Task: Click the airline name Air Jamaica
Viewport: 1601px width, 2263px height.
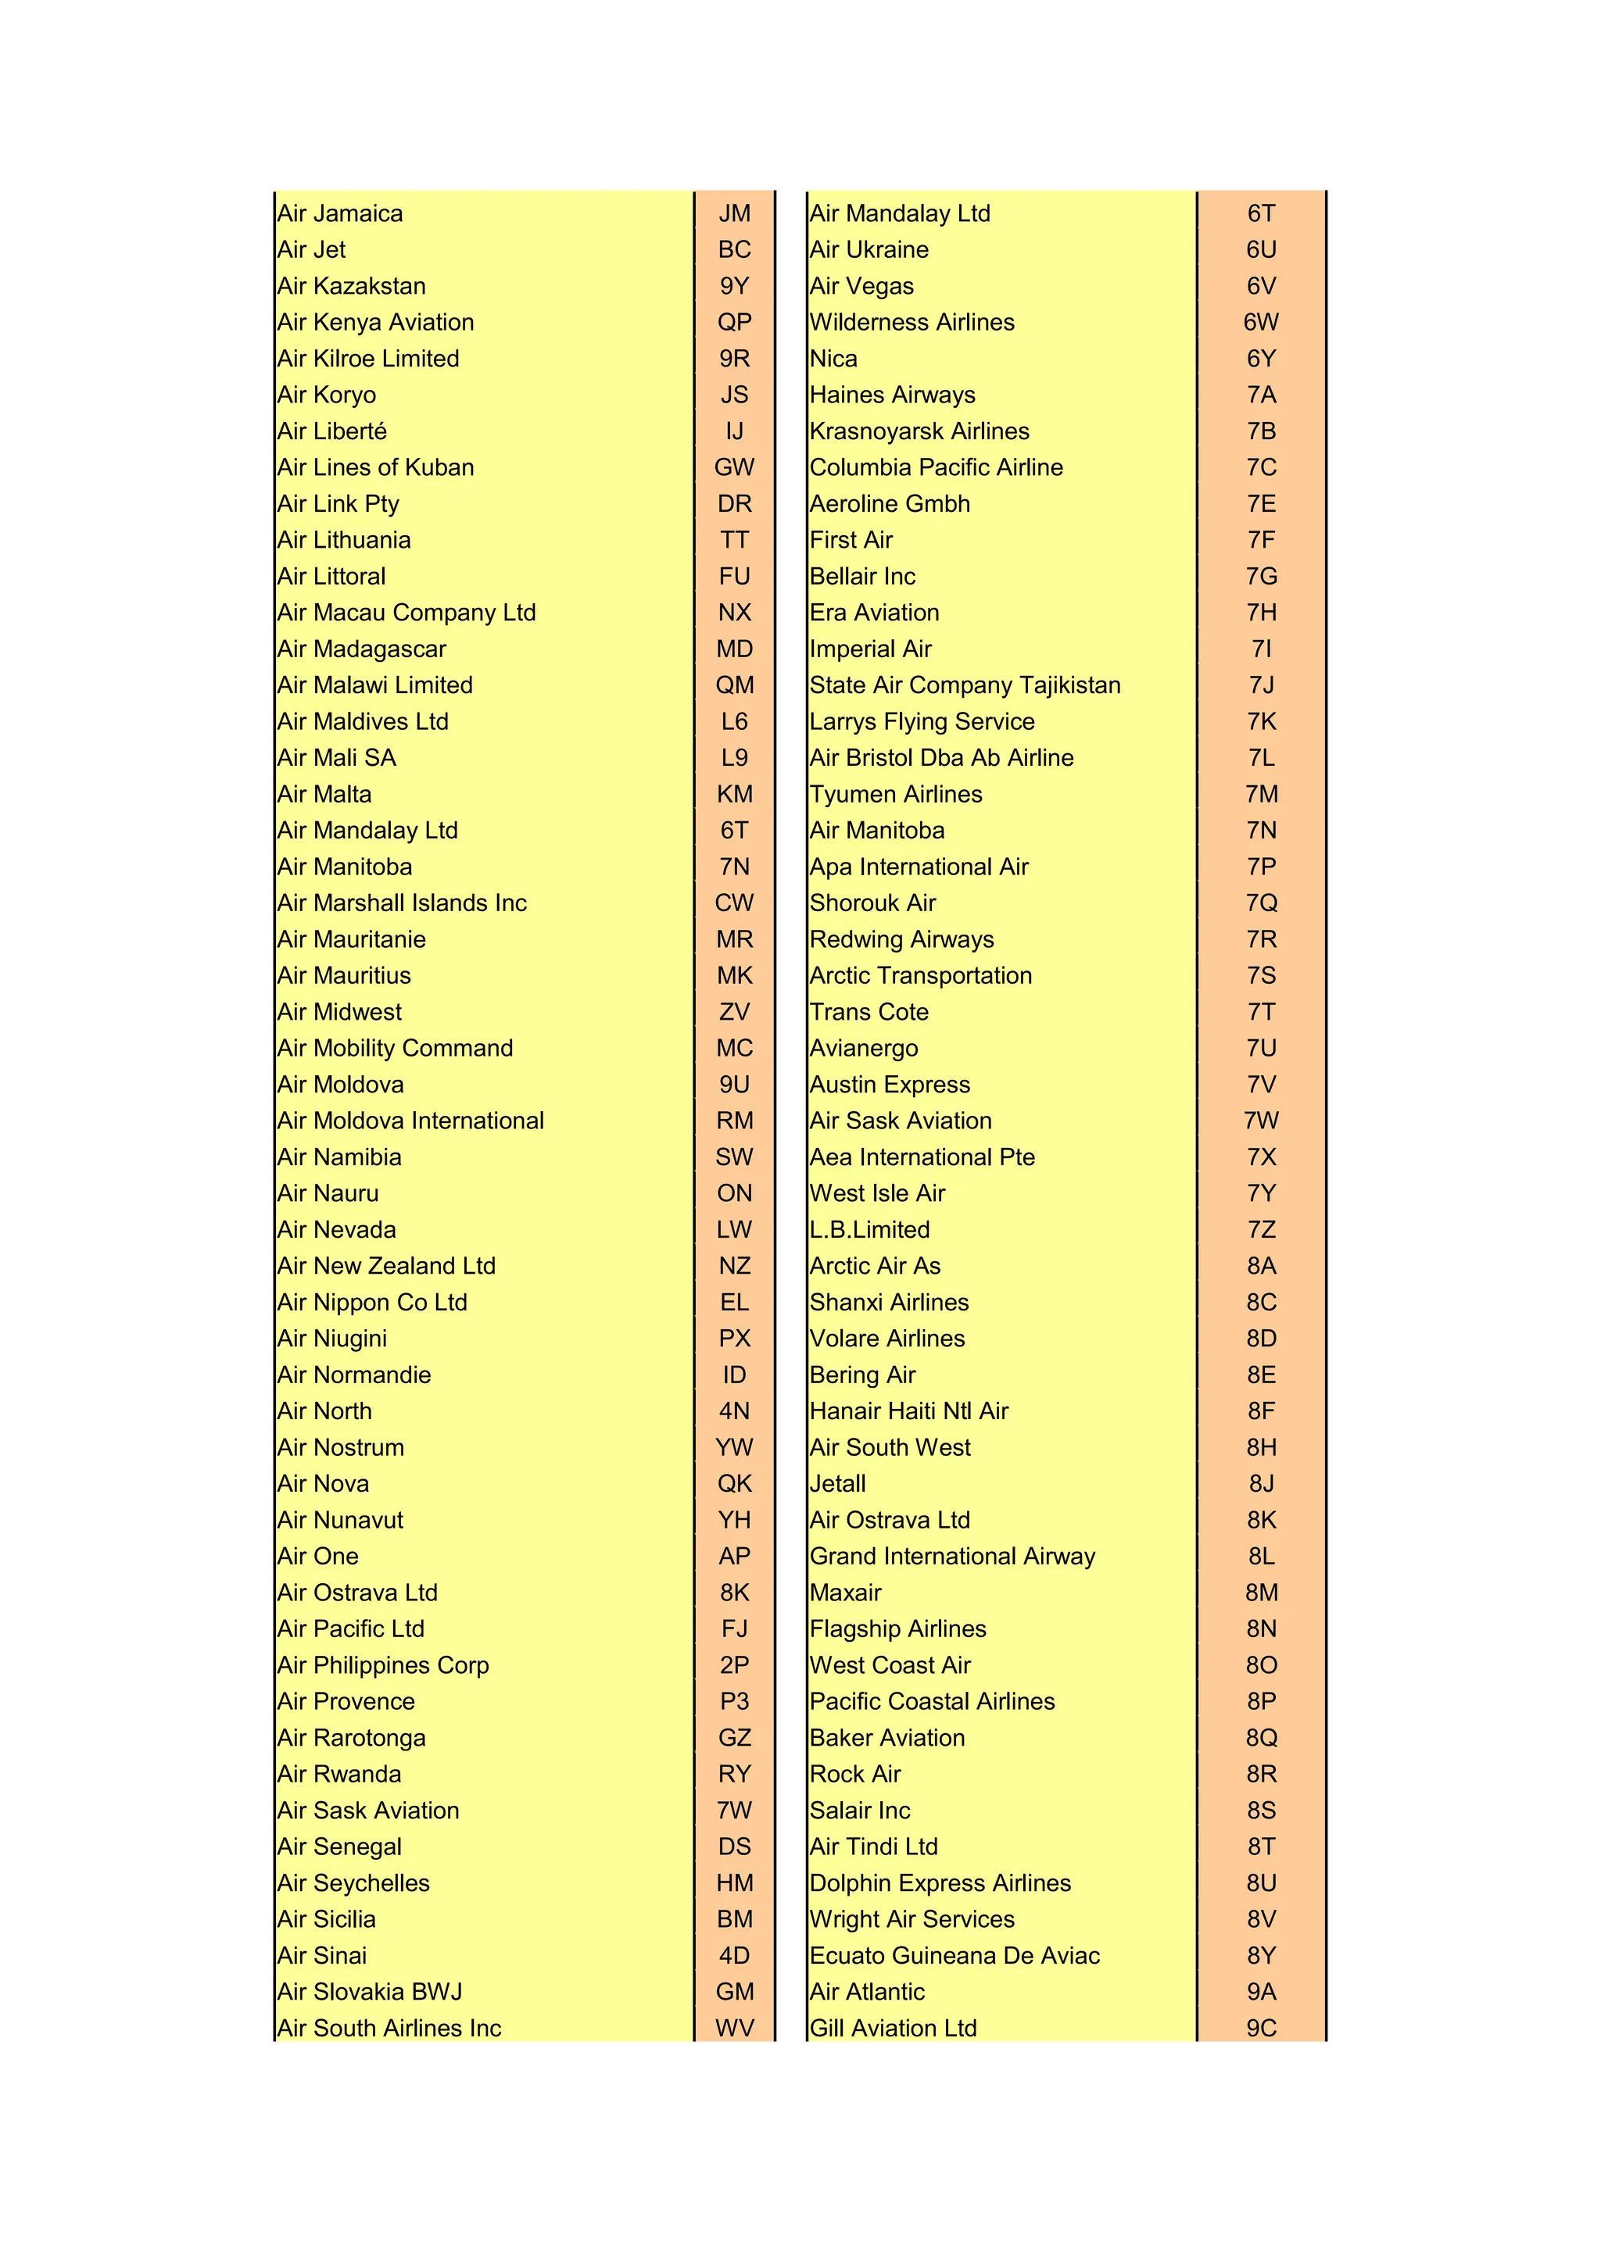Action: click(x=340, y=214)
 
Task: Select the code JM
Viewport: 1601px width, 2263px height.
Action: click(x=735, y=214)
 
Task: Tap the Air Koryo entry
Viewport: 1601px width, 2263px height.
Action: click(x=326, y=395)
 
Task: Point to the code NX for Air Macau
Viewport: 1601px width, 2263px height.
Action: click(x=735, y=613)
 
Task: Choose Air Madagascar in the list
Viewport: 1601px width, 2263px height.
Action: click(x=362, y=649)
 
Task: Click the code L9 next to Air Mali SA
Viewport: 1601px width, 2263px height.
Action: click(x=735, y=758)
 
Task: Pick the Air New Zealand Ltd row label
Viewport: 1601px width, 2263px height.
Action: click(x=386, y=1267)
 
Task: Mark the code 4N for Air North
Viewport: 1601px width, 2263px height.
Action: click(x=735, y=1411)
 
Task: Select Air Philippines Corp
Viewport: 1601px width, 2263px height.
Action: click(x=384, y=1666)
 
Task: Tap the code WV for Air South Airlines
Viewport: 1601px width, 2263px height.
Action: click(x=735, y=2029)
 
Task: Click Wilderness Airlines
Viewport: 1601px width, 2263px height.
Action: click(x=912, y=322)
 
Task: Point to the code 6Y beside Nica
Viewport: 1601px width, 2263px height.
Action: click(x=1261, y=359)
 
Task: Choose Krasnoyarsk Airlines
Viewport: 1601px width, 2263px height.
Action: click(x=919, y=431)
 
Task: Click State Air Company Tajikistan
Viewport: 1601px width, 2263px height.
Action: click(x=965, y=686)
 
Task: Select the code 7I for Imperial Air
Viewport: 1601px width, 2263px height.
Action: click(x=1261, y=649)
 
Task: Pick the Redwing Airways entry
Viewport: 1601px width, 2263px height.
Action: click(x=902, y=940)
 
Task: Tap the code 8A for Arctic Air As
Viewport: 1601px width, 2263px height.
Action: click(x=1261, y=1267)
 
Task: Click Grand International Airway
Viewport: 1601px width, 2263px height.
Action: click(x=952, y=1557)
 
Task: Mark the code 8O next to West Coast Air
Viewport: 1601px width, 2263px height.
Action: click(x=1261, y=1666)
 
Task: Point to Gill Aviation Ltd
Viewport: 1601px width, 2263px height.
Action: click(x=894, y=2029)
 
